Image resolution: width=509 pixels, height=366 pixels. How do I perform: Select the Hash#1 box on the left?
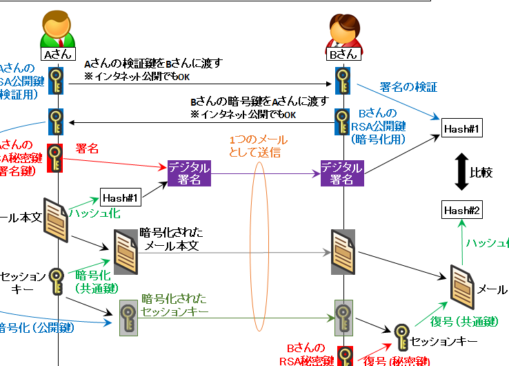[x=121, y=198]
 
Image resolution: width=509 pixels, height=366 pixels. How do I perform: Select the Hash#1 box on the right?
[x=461, y=128]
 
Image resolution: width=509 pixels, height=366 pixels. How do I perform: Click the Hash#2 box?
[x=461, y=210]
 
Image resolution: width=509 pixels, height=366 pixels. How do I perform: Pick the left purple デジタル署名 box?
[x=189, y=173]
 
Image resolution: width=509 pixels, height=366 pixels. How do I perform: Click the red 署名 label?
[x=87, y=148]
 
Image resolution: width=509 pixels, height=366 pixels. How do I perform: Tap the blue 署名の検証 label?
[x=409, y=88]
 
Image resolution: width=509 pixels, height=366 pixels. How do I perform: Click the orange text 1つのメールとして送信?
[x=259, y=146]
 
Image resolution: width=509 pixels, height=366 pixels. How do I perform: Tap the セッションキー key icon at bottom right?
[x=401, y=338]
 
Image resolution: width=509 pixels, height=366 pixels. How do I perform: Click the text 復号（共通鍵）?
[x=460, y=320]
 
